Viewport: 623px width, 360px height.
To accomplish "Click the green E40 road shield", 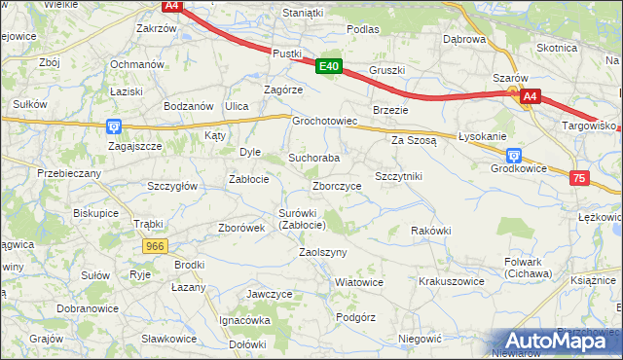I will click(330, 66).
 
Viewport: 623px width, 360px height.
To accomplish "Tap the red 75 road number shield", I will click(579, 178).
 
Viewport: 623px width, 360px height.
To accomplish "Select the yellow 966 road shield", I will click(154, 247).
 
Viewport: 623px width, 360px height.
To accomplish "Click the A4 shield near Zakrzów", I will click(172, 6).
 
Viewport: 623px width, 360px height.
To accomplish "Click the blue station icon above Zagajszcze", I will click(114, 126).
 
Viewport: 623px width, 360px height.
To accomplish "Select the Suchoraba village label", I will click(313, 157).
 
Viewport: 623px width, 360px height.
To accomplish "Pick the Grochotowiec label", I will click(326, 122).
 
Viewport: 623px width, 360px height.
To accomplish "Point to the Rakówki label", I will click(430, 231).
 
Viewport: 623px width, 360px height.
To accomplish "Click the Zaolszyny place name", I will click(322, 251).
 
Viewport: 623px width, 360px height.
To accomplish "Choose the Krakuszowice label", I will click(451, 280).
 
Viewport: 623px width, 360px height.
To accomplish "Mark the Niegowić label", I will click(421, 339).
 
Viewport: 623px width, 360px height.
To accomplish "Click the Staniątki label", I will click(303, 13).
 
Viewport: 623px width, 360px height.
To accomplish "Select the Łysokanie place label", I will click(483, 135).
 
